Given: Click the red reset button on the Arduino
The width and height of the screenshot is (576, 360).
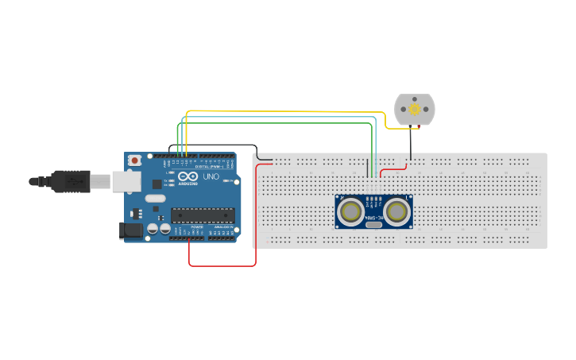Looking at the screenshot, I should pos(135,161).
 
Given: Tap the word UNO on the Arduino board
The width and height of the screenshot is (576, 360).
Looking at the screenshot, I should pos(211,177).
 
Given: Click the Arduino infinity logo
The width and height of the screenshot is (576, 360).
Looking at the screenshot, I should pos(187,176).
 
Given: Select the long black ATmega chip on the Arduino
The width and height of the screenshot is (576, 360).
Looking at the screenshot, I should pos(203,215).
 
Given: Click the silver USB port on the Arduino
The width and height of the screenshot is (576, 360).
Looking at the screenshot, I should pos(125,182).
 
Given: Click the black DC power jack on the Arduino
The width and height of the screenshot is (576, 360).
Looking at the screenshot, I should pos(130,230).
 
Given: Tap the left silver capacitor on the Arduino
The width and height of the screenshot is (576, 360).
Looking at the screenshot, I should pos(153,230).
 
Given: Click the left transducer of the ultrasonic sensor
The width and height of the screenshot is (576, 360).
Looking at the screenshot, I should pos(350,211).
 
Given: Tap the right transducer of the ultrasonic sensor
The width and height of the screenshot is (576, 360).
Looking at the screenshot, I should pos(396,211).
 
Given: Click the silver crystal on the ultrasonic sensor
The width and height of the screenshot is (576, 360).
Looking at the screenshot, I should pos(373,225).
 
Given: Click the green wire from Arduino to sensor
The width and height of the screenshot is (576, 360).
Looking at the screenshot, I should pos(278,123).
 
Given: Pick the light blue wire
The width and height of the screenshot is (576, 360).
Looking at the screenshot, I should pos(278,117).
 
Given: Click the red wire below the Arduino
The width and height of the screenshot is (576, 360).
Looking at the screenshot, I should pos(222,265).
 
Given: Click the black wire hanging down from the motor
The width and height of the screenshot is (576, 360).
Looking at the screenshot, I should pos(410,147).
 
